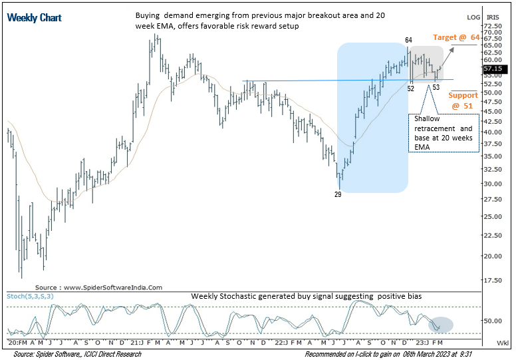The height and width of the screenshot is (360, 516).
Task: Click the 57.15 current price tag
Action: click(493, 68)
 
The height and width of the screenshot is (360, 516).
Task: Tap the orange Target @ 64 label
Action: click(455, 38)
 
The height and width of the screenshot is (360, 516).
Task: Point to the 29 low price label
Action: click(338, 194)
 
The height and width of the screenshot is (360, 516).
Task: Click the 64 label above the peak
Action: click(408, 41)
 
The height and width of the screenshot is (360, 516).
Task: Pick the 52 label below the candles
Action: click(411, 88)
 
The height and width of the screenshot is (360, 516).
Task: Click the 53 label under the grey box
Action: click(436, 87)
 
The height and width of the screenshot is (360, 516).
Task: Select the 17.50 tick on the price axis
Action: click(493, 280)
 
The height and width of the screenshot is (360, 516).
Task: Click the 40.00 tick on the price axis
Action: click(493, 132)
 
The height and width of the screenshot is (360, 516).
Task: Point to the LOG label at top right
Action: click(473, 17)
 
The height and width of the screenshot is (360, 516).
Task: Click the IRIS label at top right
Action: click(493, 17)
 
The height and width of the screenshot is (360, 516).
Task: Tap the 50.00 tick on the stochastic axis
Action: click(493, 320)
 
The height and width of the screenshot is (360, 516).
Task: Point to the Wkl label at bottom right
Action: click(503, 342)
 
